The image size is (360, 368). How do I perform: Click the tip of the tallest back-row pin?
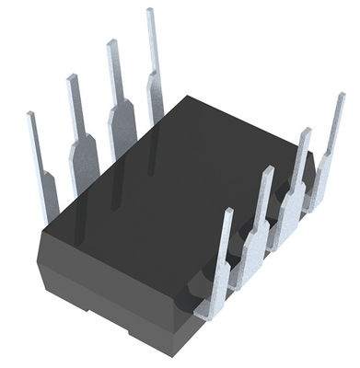click(149, 12)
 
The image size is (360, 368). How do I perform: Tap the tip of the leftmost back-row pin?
click(31, 115)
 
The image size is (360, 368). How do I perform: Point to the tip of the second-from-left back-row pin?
click(70, 77)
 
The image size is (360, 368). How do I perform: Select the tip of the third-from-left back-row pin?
click(110, 42)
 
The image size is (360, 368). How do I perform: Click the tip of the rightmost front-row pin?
click(341, 96)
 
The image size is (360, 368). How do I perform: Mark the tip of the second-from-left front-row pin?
click(268, 170)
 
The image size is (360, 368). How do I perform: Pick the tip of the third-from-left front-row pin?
click(306, 132)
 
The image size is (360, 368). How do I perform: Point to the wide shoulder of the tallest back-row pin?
click(156, 92)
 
